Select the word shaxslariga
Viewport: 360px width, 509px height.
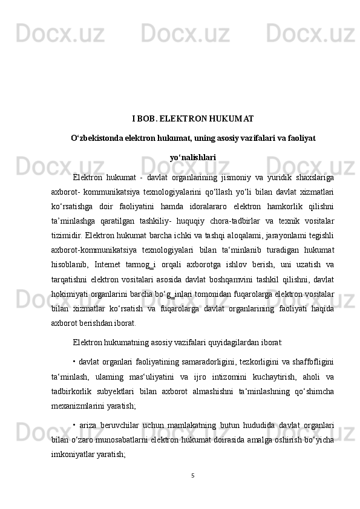pyautogui.click(x=313, y=177)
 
